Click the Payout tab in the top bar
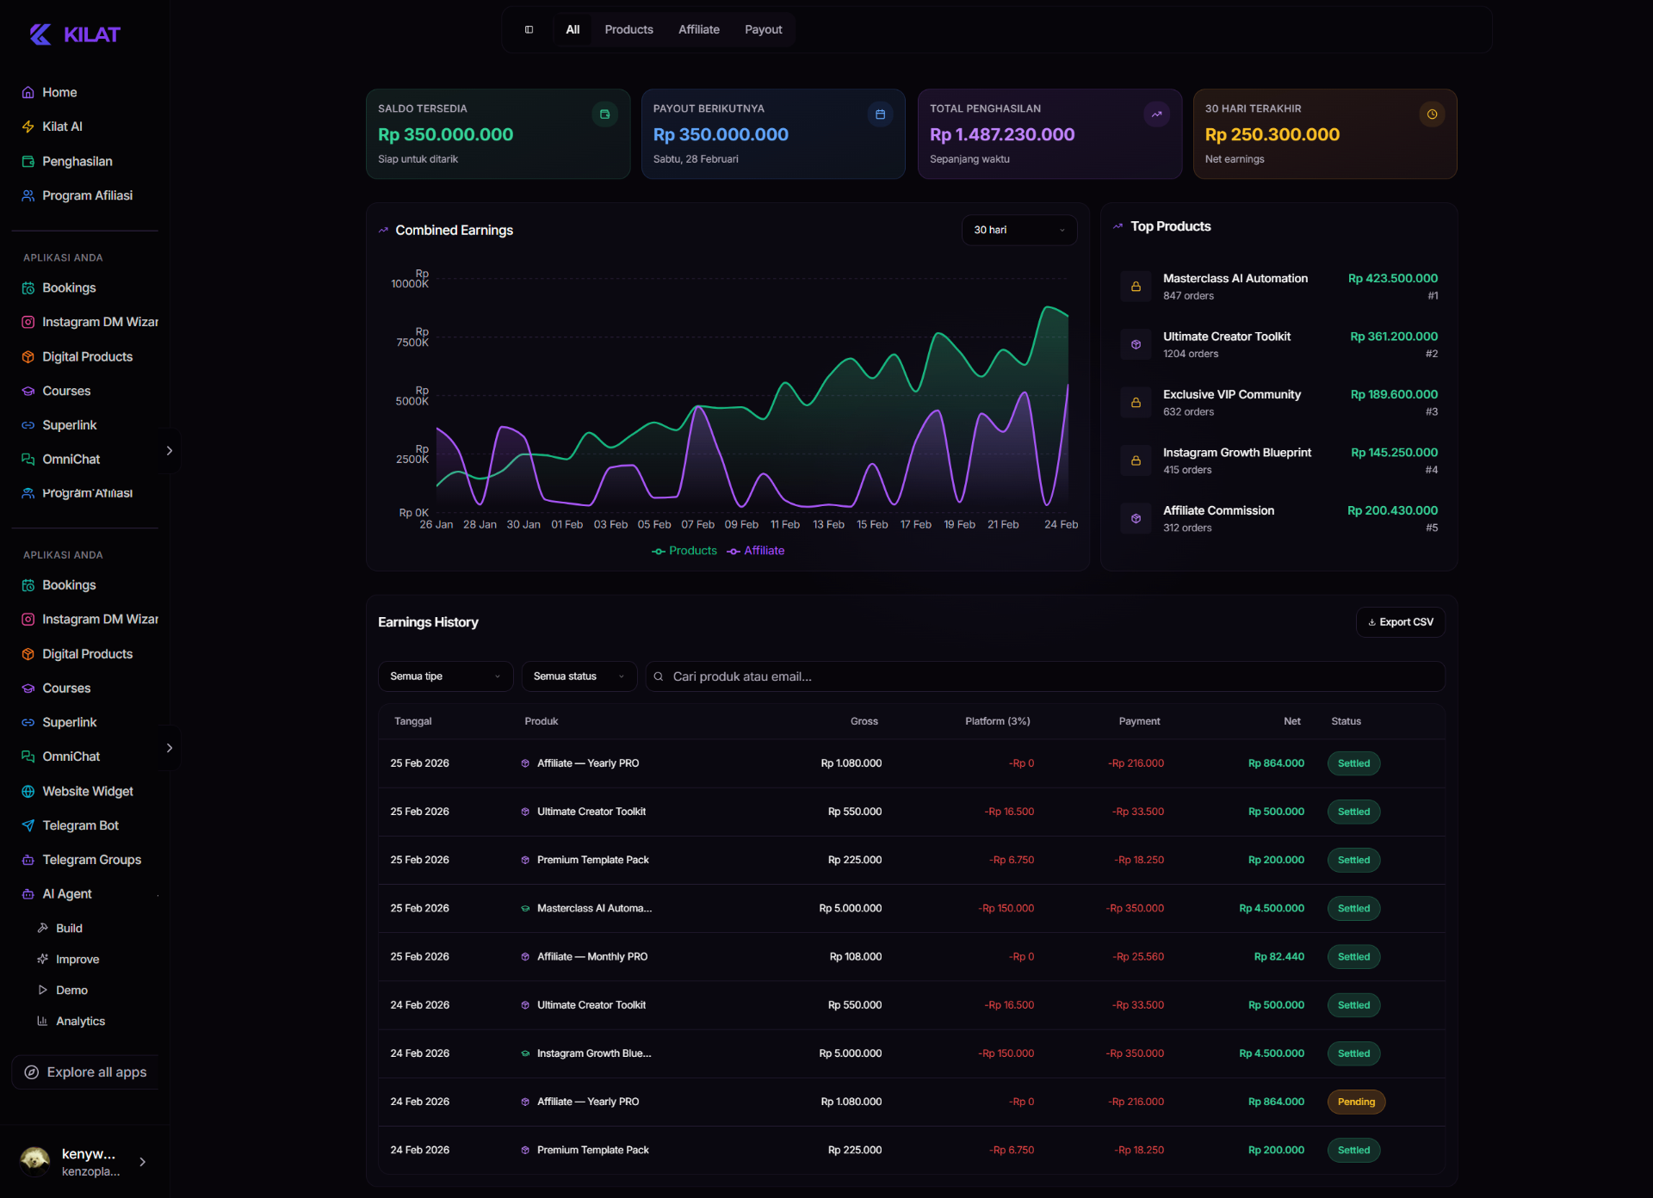point(763,29)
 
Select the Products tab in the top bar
point(628,29)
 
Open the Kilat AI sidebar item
point(62,127)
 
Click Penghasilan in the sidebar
point(77,161)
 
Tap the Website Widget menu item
point(87,791)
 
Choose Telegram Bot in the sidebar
point(80,825)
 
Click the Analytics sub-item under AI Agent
point(80,1021)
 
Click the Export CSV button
point(1400,622)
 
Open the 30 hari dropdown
point(1018,230)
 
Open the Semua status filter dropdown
point(579,676)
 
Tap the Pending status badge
point(1356,1102)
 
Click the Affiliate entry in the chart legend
point(757,551)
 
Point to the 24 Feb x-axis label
point(1061,524)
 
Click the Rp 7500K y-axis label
point(413,337)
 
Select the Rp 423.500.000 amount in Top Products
point(1392,278)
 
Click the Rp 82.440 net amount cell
point(1278,956)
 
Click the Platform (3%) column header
point(997,721)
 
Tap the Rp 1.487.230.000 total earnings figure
point(1002,134)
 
